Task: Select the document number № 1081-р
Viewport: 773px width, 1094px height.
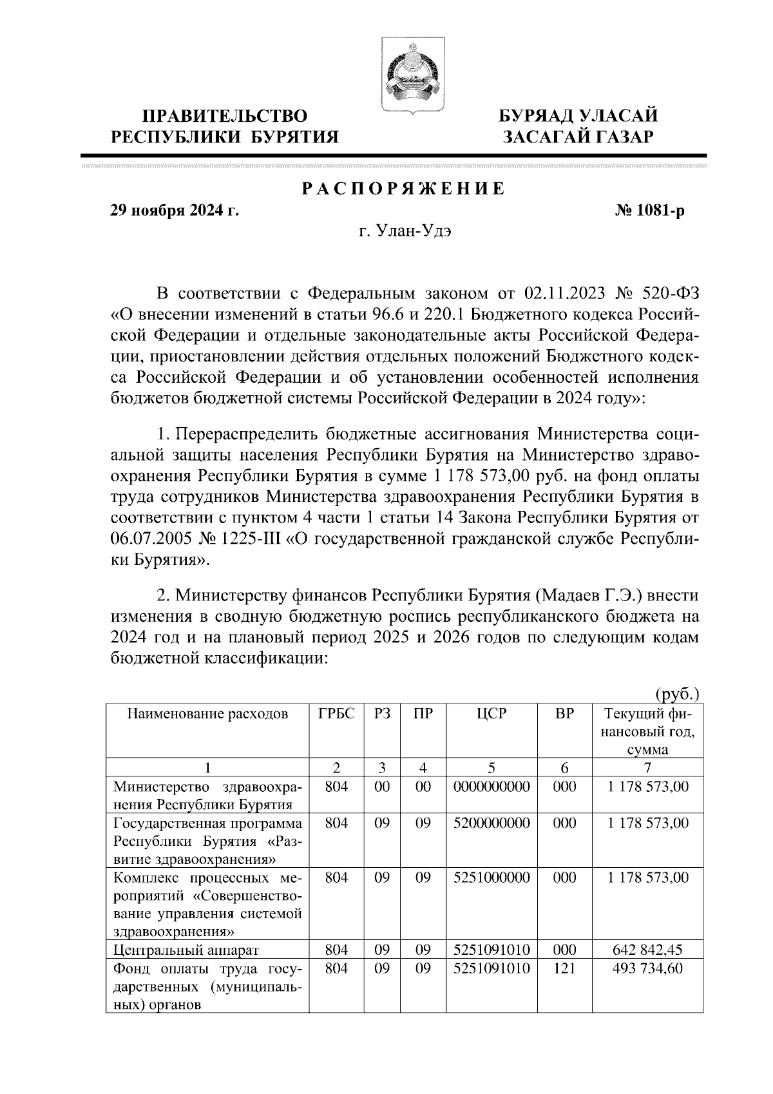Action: tap(650, 211)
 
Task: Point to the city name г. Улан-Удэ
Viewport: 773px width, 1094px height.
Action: tap(405, 233)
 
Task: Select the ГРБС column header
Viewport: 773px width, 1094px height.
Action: tap(336, 713)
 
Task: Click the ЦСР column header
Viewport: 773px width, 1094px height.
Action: tap(491, 713)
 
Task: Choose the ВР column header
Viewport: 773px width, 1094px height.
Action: tap(564, 713)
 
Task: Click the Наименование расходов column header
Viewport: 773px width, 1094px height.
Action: tap(207, 713)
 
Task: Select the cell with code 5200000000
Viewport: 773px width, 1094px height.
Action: tap(491, 823)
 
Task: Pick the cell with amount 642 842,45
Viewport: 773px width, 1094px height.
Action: tap(647, 950)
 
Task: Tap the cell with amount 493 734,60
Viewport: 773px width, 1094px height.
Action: tap(647, 968)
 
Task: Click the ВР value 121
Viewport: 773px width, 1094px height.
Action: tap(564, 968)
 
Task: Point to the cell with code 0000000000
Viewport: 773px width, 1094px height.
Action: tap(491, 786)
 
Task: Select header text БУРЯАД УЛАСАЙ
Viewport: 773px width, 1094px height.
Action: tap(580, 116)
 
